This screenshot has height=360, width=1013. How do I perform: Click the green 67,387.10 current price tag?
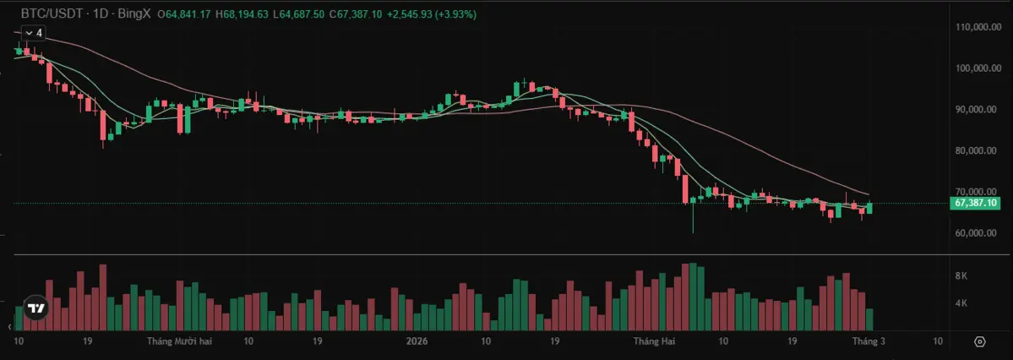(975, 203)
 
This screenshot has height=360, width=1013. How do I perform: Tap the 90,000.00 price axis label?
(975, 110)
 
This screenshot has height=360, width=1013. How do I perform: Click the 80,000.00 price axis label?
(975, 151)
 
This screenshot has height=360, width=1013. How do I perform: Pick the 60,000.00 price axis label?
(975, 233)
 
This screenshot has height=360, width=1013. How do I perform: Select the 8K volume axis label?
(961, 276)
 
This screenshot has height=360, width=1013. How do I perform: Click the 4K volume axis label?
(961, 303)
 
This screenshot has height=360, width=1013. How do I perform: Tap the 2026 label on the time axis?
(417, 341)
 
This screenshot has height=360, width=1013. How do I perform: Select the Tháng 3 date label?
(869, 341)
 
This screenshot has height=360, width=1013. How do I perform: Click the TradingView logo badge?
(35, 309)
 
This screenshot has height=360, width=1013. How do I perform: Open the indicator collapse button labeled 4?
(34, 33)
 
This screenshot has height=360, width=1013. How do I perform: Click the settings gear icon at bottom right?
(979, 342)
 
